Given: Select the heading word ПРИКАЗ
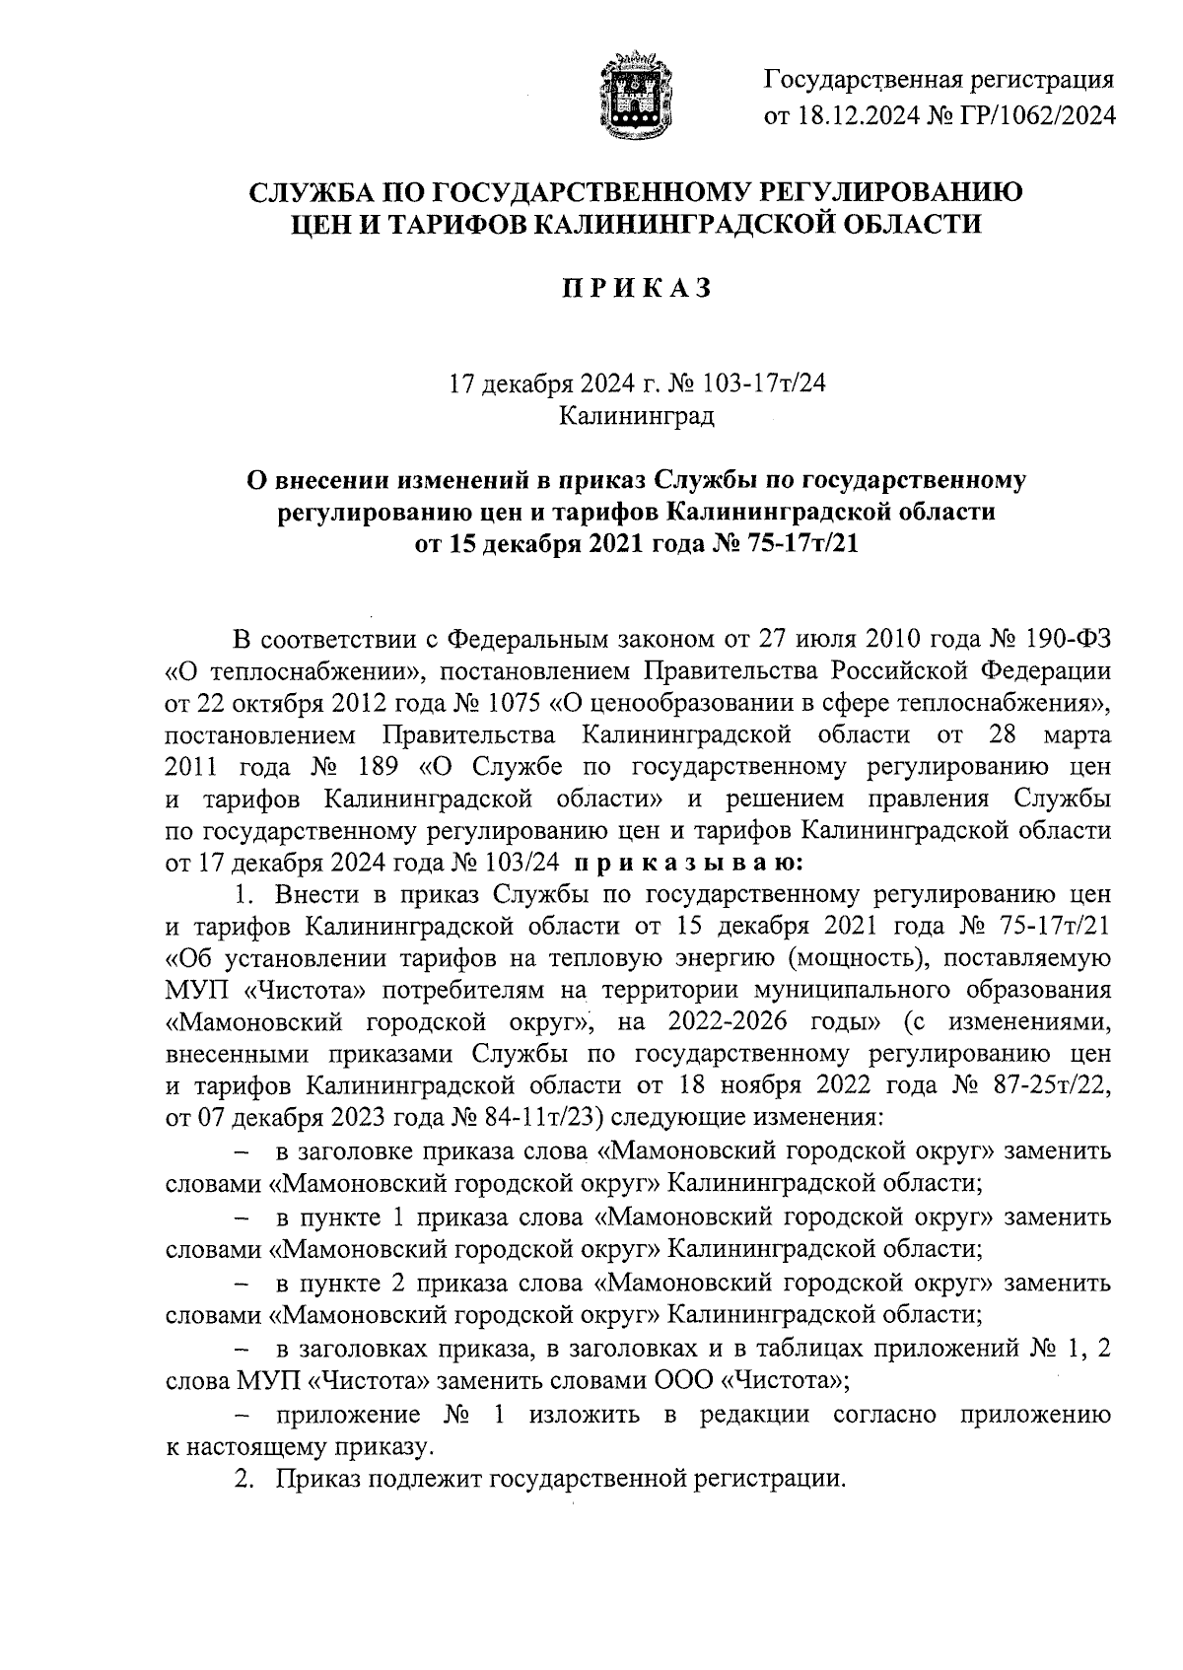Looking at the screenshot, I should click(x=636, y=289).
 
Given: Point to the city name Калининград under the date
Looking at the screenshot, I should click(x=636, y=416).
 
